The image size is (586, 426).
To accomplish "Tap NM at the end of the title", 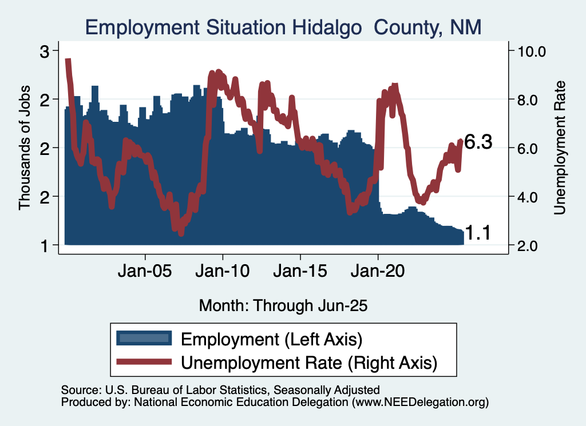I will click(x=466, y=26).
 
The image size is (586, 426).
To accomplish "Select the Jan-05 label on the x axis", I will click(x=145, y=271).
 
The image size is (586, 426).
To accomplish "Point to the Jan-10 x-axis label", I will click(x=223, y=271).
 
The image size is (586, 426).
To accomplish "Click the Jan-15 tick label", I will click(x=300, y=271).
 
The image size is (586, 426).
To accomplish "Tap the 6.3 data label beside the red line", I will click(x=478, y=142).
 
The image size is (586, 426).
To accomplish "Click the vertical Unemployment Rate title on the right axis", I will click(x=560, y=148).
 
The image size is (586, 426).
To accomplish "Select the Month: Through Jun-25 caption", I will click(x=283, y=305).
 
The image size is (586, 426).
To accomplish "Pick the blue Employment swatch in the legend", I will click(x=144, y=338).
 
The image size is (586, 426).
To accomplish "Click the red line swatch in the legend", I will click(x=144, y=361).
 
